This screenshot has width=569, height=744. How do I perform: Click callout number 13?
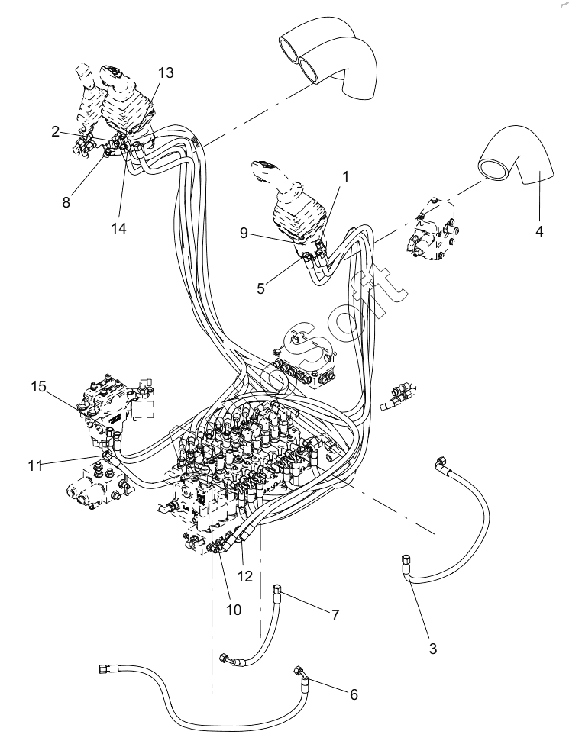(x=166, y=73)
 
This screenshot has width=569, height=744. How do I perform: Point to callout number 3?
(x=432, y=649)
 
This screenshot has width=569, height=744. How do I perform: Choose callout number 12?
(x=245, y=577)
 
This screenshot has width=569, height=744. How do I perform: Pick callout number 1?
(x=345, y=176)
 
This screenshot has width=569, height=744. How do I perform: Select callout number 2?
(x=56, y=131)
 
